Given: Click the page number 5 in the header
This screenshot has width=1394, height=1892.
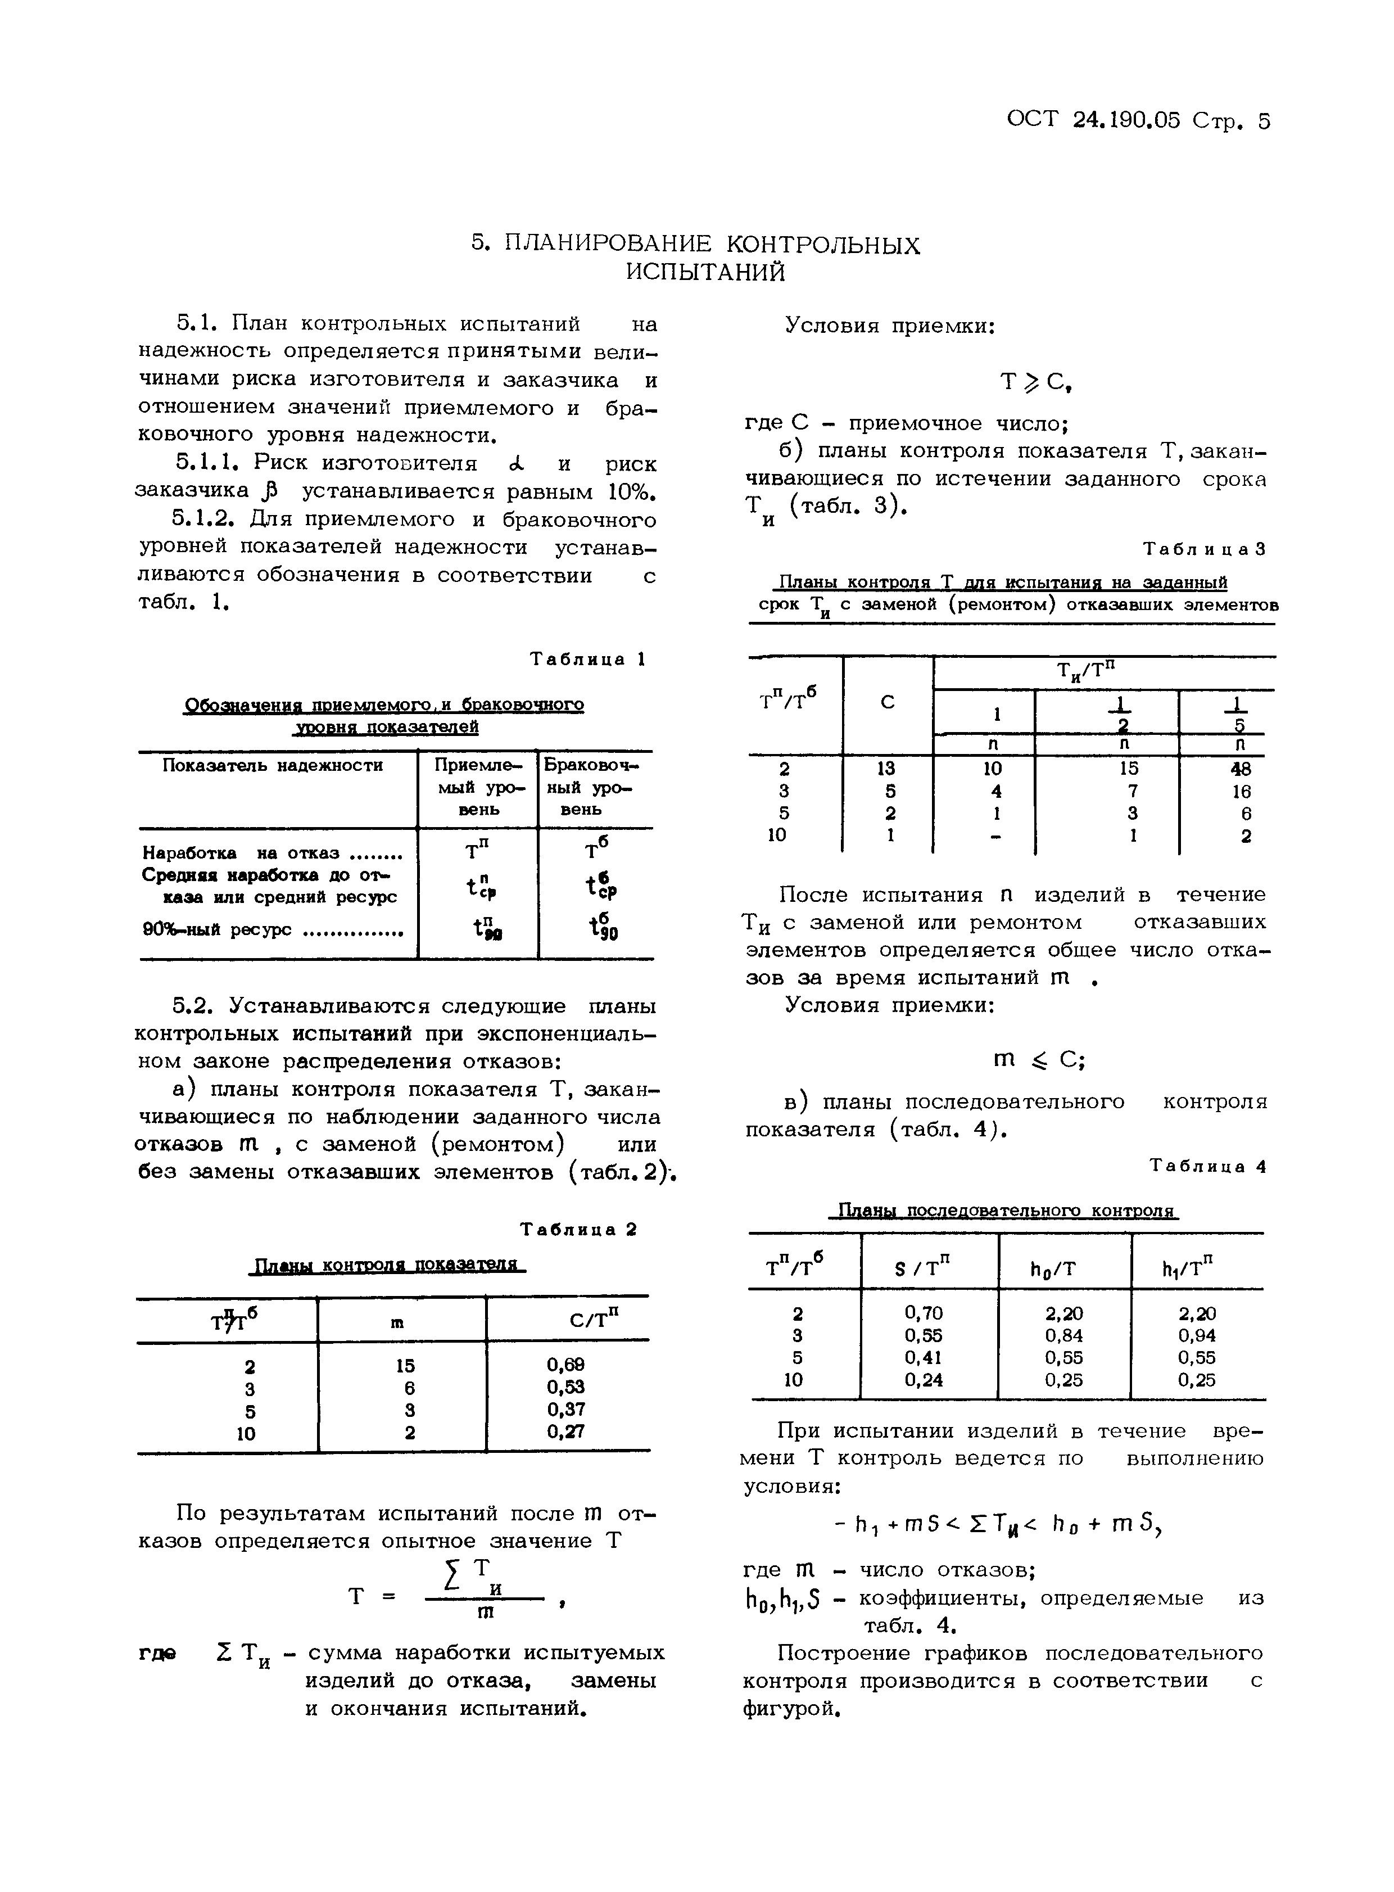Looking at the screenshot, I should pyautogui.click(x=1263, y=121).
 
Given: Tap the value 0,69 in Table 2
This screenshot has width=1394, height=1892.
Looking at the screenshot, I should pyautogui.click(x=565, y=1365).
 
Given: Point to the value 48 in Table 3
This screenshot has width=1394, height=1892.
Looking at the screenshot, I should pyautogui.click(x=1241, y=769).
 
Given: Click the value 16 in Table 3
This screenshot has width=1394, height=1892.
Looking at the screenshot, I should pyautogui.click(x=1241, y=792).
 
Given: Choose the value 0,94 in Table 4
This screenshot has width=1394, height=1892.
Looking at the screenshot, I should pyautogui.click(x=1197, y=1335).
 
